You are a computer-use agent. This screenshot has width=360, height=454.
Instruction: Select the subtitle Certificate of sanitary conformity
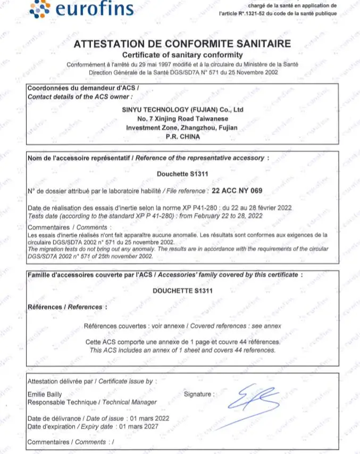click(182, 55)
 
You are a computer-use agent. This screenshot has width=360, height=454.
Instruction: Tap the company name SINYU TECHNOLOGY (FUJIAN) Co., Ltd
click(182, 109)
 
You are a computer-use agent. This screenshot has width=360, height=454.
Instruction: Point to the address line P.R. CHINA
click(183, 137)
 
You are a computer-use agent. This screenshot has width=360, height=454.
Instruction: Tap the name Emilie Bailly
click(44, 394)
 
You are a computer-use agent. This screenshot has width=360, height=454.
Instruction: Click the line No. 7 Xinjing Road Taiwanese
click(182, 119)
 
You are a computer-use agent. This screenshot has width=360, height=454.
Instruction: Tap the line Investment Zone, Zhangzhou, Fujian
click(182, 128)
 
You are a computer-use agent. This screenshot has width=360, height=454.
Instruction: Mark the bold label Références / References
click(66, 307)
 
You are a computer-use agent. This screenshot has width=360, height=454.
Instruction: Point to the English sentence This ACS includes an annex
click(182, 350)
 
